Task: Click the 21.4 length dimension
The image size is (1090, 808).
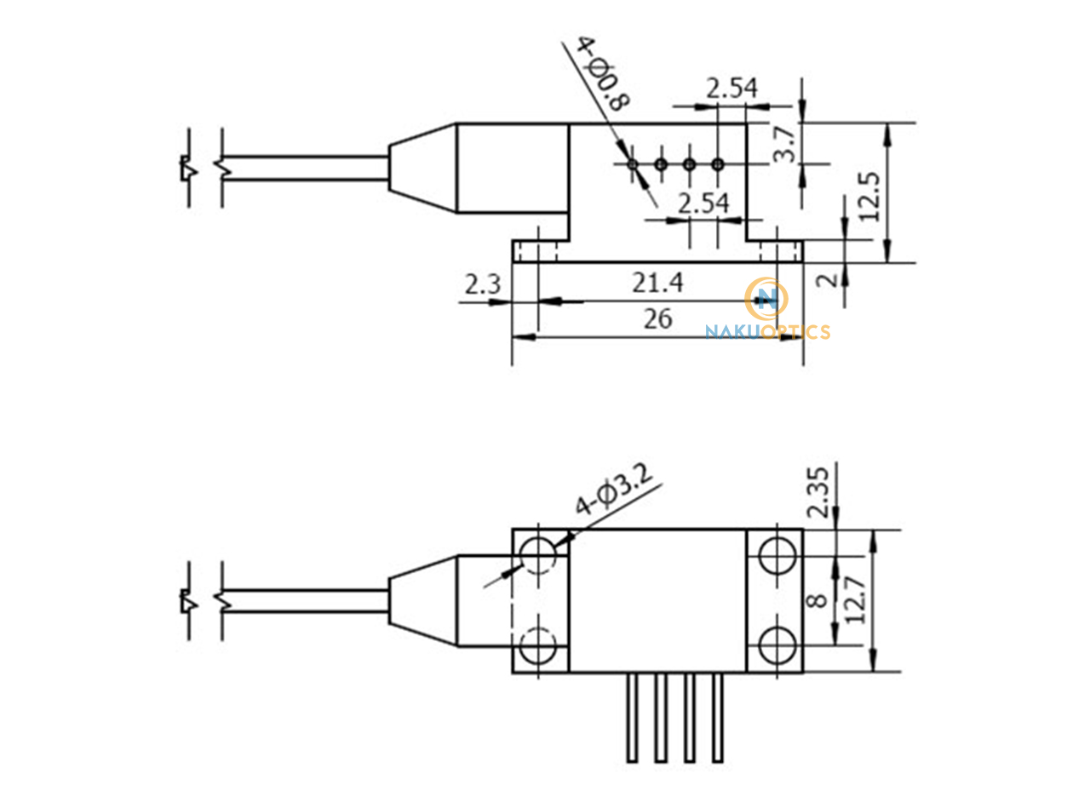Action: pos(657,283)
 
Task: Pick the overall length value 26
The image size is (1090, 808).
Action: pos(657,318)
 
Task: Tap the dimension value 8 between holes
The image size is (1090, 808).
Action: pos(816,600)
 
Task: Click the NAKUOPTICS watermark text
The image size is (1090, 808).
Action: pos(767,332)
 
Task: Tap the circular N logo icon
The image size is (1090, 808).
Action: pos(766,298)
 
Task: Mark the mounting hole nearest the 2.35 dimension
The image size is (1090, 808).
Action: pos(775,556)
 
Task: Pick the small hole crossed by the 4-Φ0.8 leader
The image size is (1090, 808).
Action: pos(632,163)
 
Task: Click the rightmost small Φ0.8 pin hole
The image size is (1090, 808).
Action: pos(718,163)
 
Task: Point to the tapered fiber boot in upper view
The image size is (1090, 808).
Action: pos(422,168)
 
